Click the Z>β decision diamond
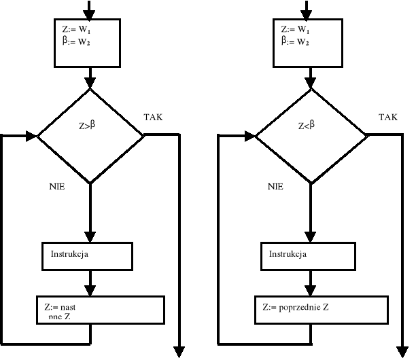pos(90,135)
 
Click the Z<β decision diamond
pos(310,135)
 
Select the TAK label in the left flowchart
pos(153,118)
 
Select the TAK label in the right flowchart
pos(387,118)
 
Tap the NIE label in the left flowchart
pos(56,186)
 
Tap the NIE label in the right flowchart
pos(275,186)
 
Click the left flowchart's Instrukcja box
pos(87,255)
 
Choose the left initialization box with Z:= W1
pos(87,42)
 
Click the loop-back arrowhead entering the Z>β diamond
pos(31,136)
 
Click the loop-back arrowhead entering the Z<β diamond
pos(249,136)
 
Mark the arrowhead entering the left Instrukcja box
pos(90,237)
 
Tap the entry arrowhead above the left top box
pos(90,14)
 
